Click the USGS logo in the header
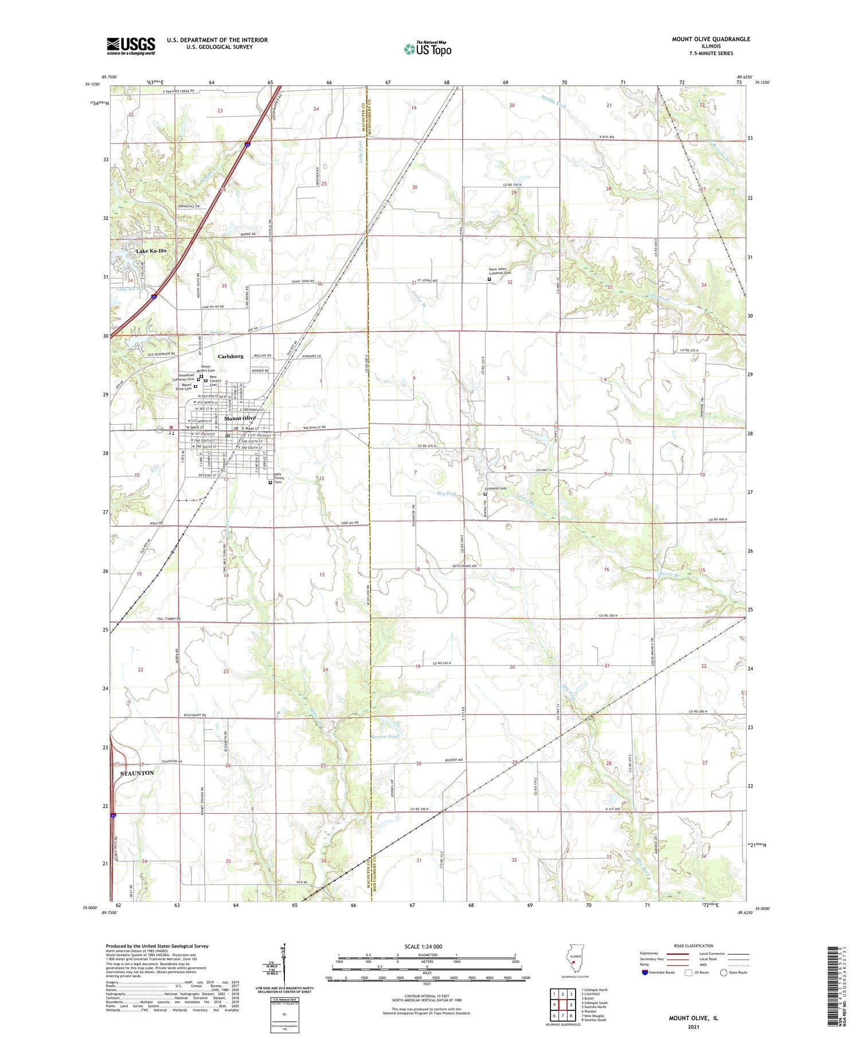click(131, 46)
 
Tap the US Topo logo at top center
click(427, 49)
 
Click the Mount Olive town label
click(240, 418)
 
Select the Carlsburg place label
click(230, 356)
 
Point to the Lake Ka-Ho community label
click(151, 251)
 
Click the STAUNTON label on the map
click(137, 773)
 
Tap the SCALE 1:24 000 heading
click(427, 946)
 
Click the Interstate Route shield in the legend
click(645, 973)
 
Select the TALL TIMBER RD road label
click(169, 619)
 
